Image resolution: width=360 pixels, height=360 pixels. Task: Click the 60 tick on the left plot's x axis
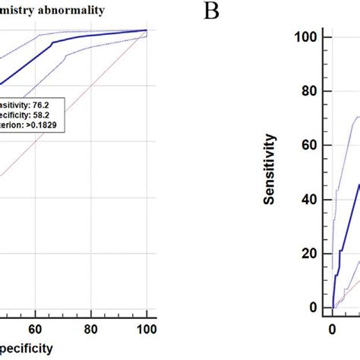[x=35, y=330]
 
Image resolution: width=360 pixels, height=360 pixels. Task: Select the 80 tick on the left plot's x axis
[x=90, y=330]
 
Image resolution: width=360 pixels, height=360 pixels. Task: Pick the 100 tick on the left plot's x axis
[x=147, y=330]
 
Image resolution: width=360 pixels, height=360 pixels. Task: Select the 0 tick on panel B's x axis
[x=332, y=330]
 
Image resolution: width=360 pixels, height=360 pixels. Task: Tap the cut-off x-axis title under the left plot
[x=27, y=349]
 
